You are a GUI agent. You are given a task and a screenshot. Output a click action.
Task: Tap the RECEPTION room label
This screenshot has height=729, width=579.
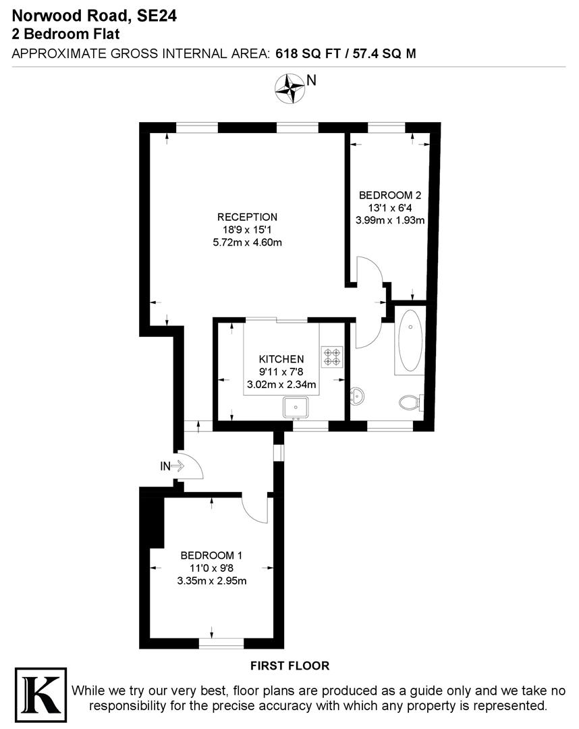pos(247,217)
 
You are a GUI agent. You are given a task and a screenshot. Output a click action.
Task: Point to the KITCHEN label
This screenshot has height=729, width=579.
pos(281,359)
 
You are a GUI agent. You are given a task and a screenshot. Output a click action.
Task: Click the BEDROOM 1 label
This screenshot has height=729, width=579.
pos(211,556)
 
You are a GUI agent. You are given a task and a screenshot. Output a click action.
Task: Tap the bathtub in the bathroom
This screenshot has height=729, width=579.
pos(410,339)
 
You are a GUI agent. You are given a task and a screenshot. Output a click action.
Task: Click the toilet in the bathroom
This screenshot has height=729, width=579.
pos(410,403)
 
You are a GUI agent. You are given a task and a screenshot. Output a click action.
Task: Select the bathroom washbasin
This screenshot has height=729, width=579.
pos(358,397)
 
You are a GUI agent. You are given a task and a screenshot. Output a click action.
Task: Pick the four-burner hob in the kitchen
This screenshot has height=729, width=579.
pos(331,356)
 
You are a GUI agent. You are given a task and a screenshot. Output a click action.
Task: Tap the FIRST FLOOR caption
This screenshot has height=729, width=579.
pos(289,666)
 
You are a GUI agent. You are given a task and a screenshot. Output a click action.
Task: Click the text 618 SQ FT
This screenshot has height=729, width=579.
pos(308,54)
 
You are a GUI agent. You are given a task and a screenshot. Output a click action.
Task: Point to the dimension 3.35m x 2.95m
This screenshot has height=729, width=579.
pos(211,580)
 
